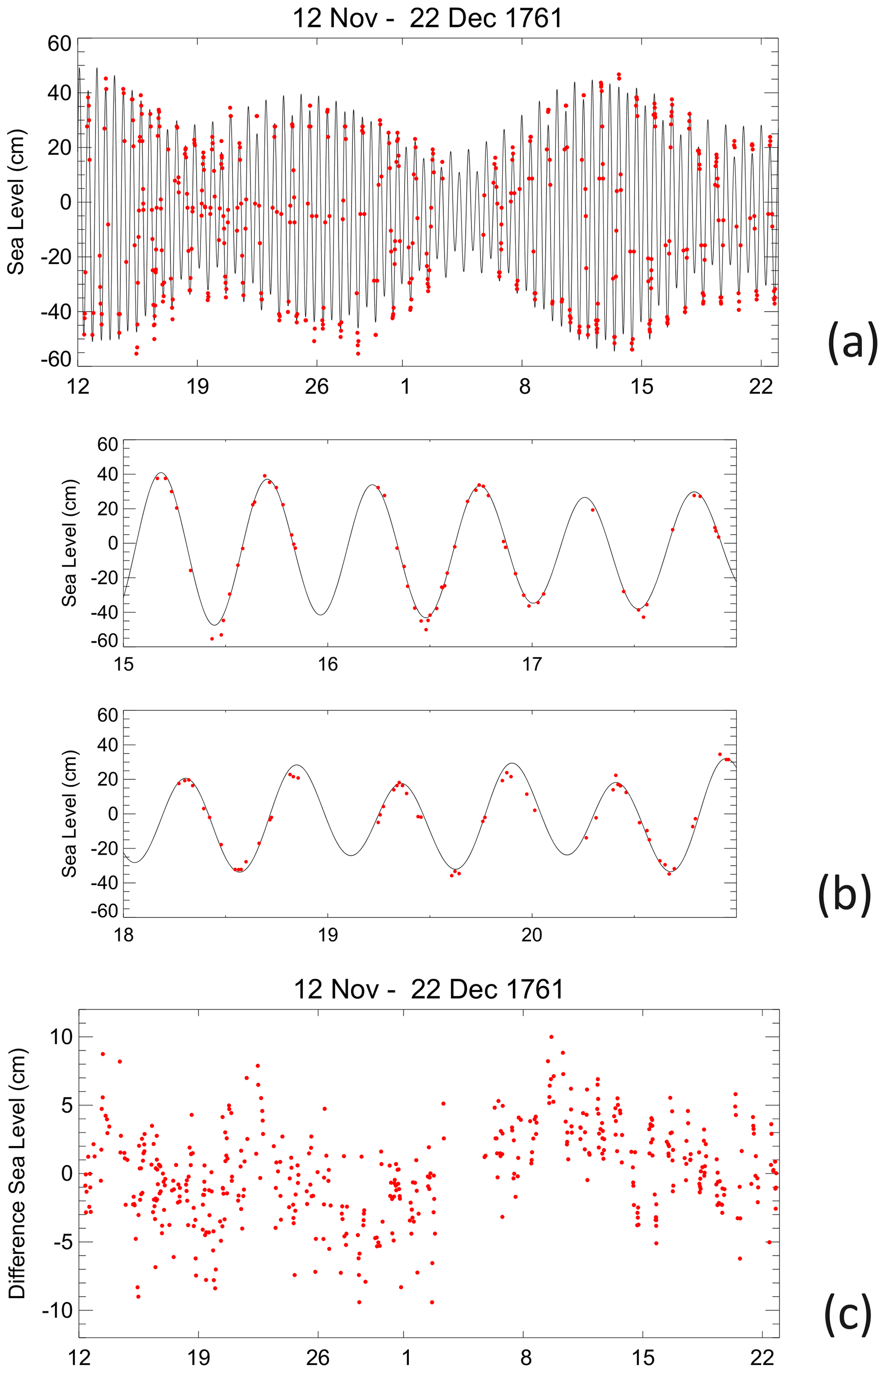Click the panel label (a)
[x=852, y=343]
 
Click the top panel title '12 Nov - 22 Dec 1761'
[x=428, y=18]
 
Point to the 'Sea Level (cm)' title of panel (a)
[x=16, y=202]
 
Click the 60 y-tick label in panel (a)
[x=59, y=44]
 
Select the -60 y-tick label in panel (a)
[x=56, y=359]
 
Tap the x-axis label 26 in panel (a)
[x=317, y=387]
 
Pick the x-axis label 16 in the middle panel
[x=328, y=665]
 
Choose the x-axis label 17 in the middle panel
[x=532, y=665]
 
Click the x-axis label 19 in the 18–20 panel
[x=328, y=935]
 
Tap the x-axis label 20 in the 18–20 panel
[x=532, y=935]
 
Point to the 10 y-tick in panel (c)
[x=61, y=1037]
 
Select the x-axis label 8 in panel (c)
[x=525, y=1358]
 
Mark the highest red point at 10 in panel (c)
[x=551, y=1037]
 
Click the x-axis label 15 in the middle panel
[x=124, y=665]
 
